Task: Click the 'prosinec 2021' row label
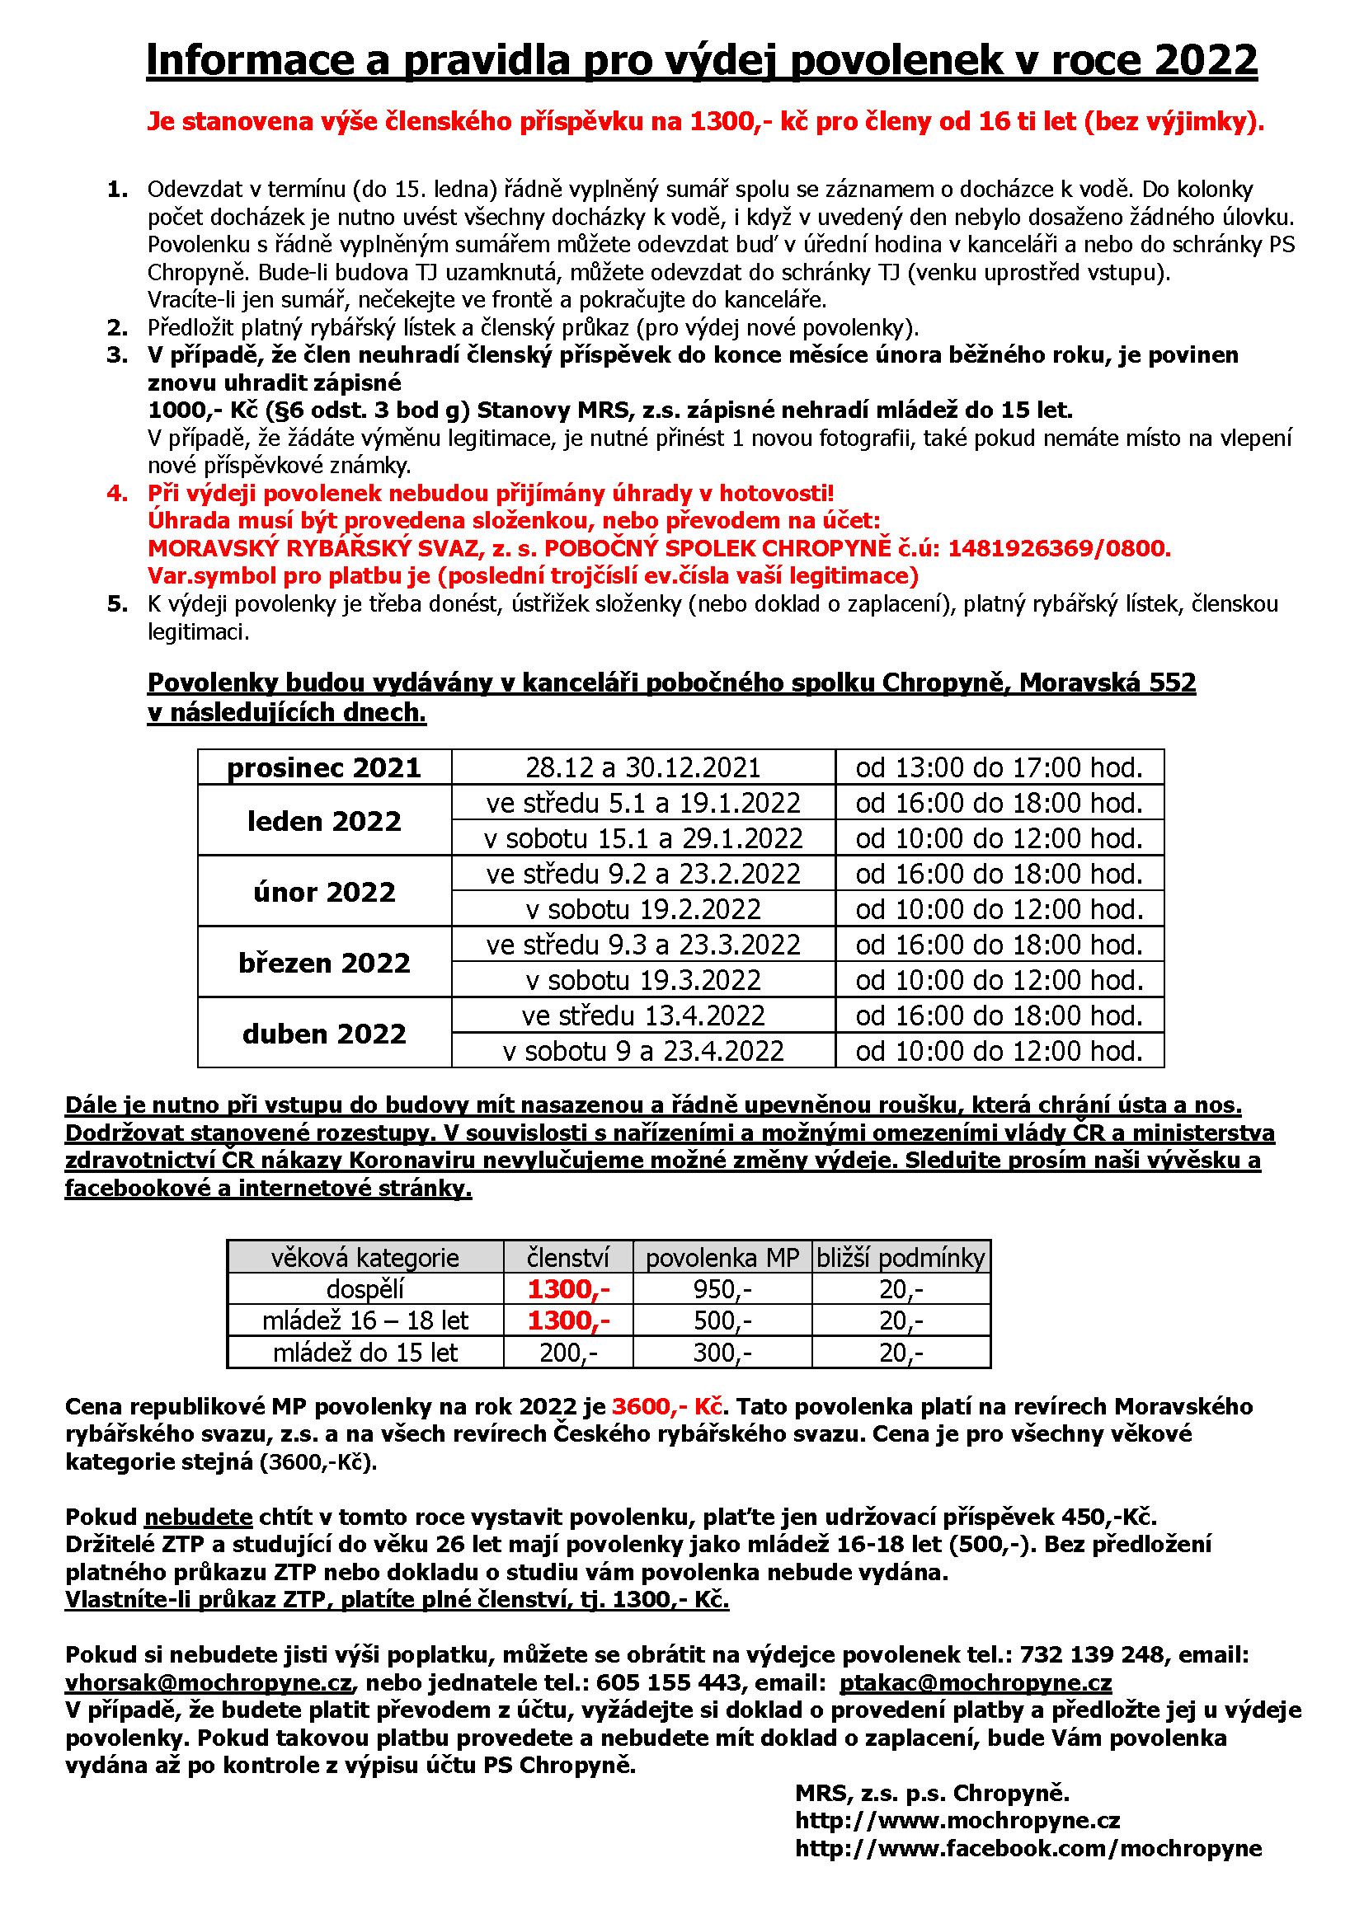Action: (324, 767)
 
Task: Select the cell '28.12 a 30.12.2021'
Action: (642, 767)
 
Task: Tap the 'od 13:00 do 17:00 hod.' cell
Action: (999, 767)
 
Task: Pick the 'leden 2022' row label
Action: (324, 820)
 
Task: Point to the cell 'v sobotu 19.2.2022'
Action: (642, 909)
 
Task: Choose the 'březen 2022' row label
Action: (324, 962)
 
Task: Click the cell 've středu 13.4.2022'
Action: (642, 1016)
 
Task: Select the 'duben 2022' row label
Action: (324, 1034)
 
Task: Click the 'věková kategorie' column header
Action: (365, 1257)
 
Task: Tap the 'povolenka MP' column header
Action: (722, 1257)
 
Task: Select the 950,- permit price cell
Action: (722, 1289)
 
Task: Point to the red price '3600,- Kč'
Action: (667, 1406)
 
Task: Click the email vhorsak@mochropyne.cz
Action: (209, 1683)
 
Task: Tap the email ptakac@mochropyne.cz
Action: (975, 1683)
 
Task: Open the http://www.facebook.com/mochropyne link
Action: (1028, 1848)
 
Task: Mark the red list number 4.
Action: (117, 494)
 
